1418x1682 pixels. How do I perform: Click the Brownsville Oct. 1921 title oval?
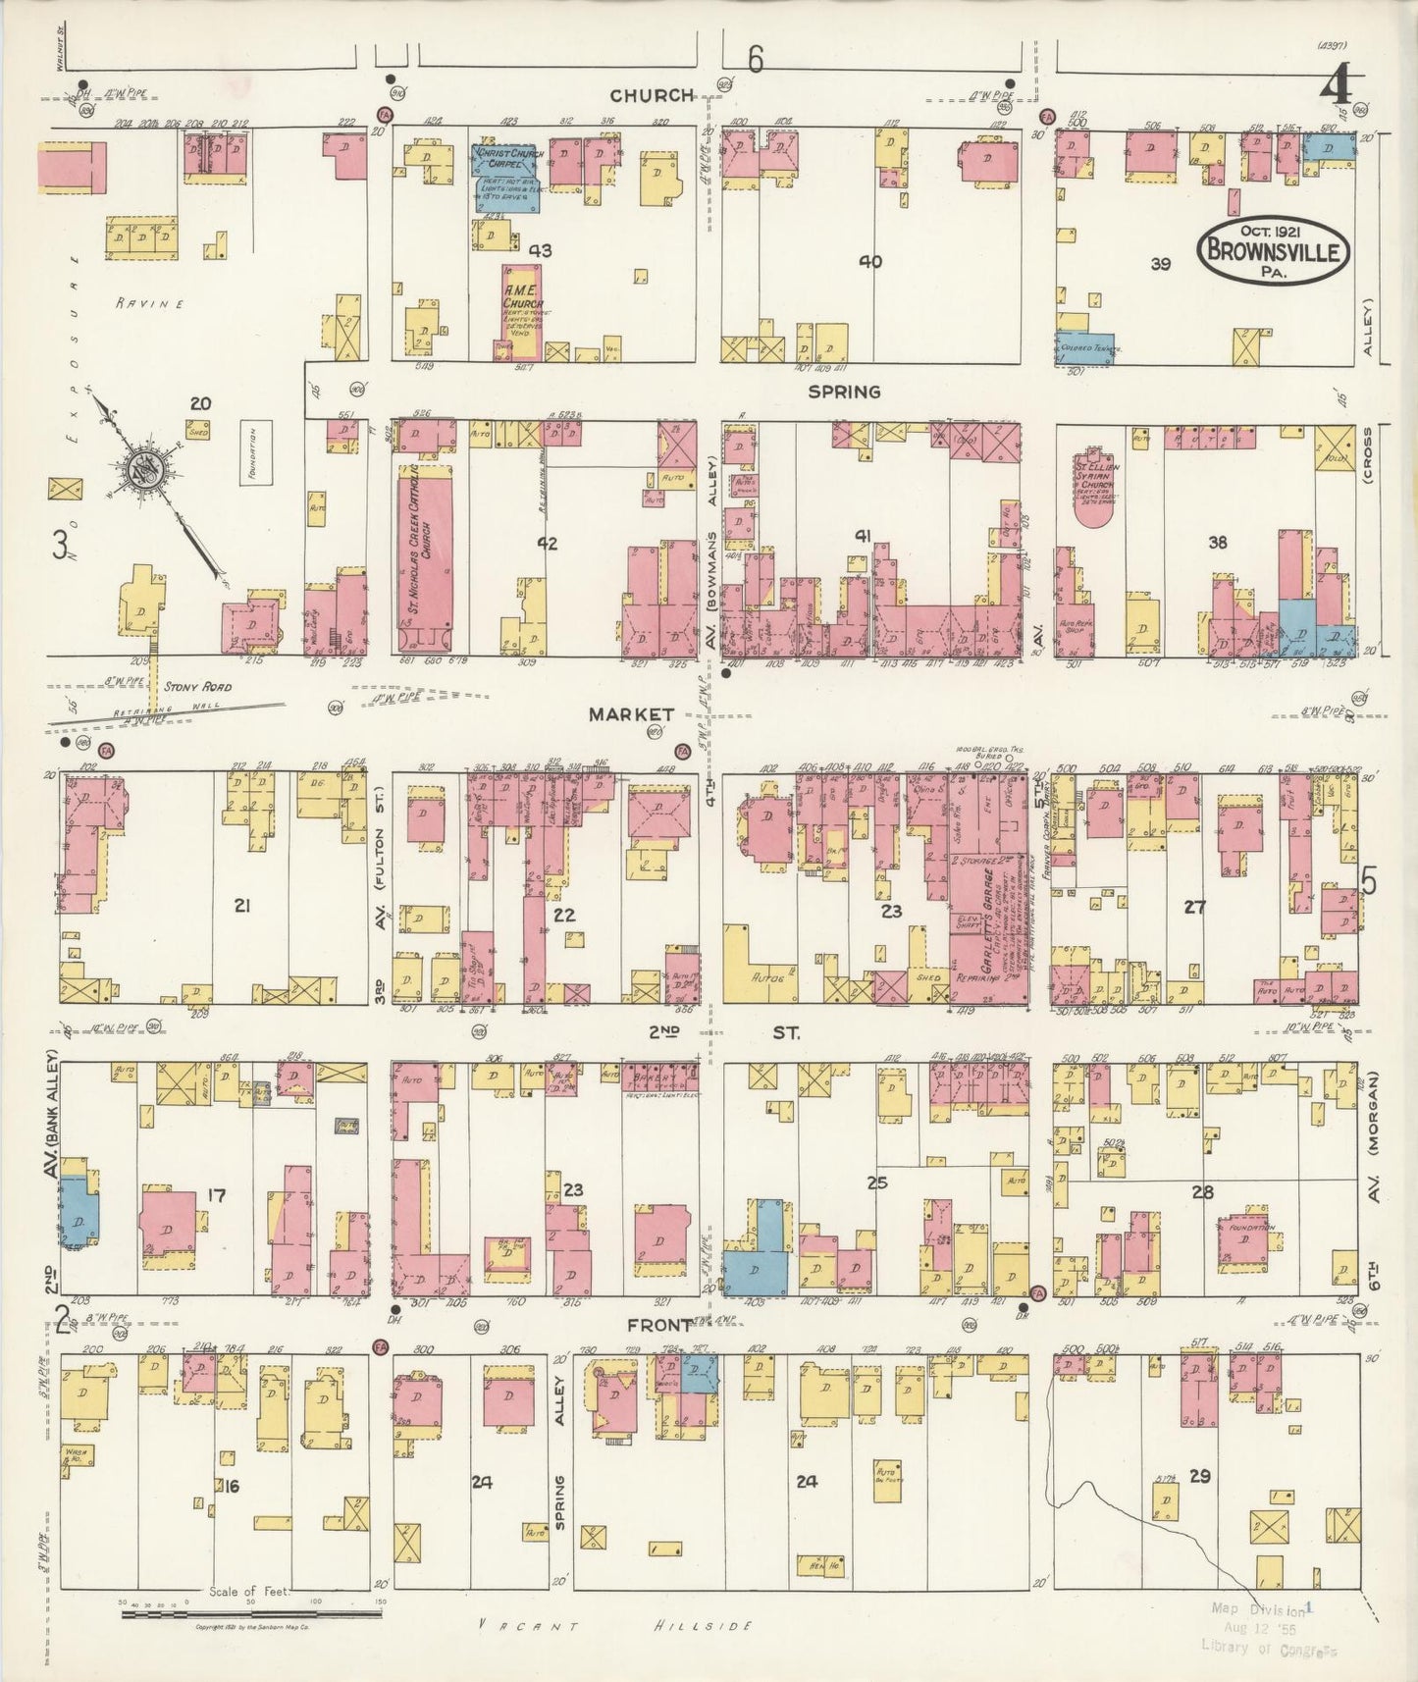point(1274,250)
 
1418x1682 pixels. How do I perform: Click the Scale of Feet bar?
point(250,1612)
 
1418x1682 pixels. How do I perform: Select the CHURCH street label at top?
point(652,95)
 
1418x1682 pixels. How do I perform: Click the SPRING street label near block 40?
point(844,392)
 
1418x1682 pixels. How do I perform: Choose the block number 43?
point(540,251)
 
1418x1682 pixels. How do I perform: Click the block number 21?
point(241,906)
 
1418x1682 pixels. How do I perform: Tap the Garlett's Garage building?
point(986,922)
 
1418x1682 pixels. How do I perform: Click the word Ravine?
point(149,303)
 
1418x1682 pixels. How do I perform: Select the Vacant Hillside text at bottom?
point(615,1625)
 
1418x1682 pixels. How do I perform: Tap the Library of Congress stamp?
point(1260,1629)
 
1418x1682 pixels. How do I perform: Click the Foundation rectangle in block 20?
point(257,455)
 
